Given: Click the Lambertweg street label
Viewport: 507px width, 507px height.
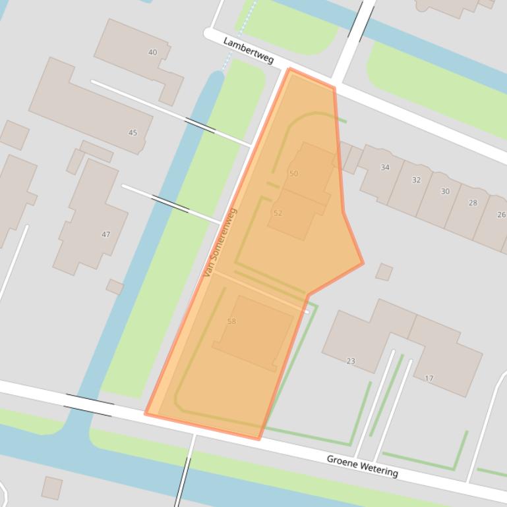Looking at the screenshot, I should [249, 50].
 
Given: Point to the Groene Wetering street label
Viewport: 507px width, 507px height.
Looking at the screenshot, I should [362, 466].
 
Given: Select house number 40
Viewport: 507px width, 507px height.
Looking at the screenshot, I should [153, 52].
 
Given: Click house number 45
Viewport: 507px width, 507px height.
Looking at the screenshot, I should [133, 132].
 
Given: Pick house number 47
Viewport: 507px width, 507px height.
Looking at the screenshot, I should [105, 234].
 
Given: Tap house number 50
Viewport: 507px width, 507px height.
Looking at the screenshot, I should [293, 173].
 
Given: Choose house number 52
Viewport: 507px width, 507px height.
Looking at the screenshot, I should [278, 213].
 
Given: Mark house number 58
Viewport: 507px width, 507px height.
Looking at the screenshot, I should [231, 321].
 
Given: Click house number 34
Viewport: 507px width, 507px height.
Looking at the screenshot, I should [385, 167].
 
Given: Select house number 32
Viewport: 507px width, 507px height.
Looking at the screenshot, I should [416, 180].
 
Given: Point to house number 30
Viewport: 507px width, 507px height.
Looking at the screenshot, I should [445, 192].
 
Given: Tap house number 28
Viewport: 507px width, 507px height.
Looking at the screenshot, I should [473, 203].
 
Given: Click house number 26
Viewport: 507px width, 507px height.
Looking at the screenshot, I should [501, 215].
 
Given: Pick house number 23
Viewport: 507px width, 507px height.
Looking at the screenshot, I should [351, 361].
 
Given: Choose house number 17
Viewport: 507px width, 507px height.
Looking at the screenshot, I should [429, 378].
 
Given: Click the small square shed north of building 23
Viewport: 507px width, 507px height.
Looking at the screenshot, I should [384, 271].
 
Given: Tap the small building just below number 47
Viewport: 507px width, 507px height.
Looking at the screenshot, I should [115, 286].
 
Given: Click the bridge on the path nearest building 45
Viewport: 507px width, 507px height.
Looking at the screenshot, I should [200, 124].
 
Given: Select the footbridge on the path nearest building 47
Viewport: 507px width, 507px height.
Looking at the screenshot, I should [170, 202].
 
